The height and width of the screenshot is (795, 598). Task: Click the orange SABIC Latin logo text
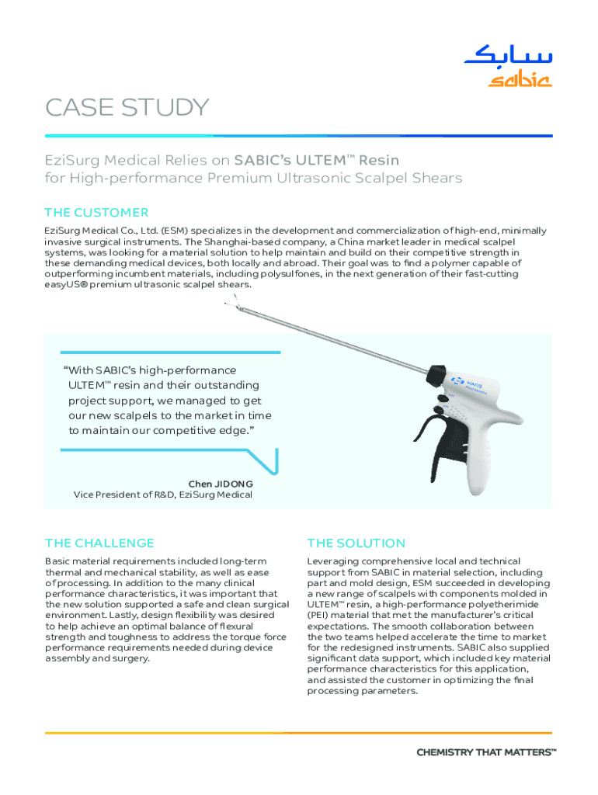click(520, 80)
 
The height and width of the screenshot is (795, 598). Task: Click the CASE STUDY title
click(127, 108)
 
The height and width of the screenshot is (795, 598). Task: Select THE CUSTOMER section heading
click(96, 212)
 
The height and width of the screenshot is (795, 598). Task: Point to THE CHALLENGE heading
click(99, 543)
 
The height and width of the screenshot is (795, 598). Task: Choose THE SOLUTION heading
click(356, 543)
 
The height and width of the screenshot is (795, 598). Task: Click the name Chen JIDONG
click(221, 484)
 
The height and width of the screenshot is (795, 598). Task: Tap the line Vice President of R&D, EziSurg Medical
click(162, 495)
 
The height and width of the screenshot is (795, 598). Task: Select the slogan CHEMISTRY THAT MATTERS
click(486, 752)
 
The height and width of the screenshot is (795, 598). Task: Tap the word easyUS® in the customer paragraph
click(67, 285)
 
